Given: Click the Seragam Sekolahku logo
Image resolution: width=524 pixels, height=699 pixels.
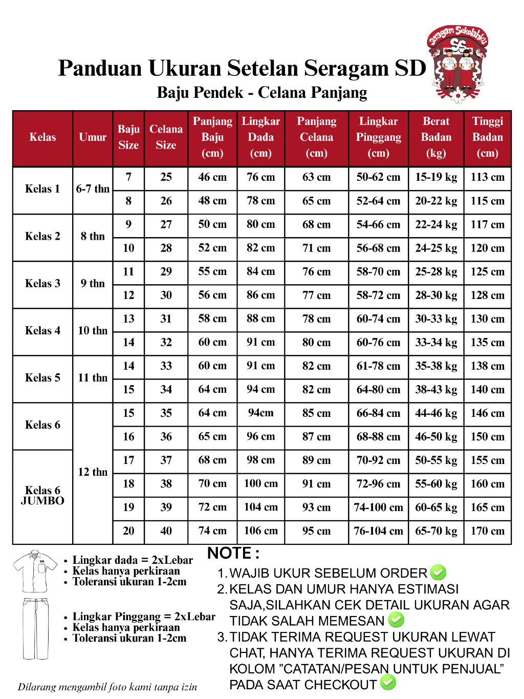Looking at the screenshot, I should (457, 63).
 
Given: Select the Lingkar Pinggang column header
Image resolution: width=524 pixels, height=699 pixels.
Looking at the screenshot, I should (378, 137).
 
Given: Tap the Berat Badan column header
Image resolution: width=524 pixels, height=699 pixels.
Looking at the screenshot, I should (436, 137).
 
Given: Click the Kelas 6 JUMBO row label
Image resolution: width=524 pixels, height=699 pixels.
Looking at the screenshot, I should (42, 496).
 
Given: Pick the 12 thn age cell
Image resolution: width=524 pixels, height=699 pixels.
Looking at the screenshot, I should (93, 472).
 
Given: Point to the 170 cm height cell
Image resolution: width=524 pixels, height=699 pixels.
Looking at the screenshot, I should (487, 531).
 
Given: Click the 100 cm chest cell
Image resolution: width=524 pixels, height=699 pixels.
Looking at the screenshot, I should (260, 484).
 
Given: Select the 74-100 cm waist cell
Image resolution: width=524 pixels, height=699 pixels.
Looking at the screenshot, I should (378, 507).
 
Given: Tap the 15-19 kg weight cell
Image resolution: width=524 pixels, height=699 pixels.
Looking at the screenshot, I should (436, 177).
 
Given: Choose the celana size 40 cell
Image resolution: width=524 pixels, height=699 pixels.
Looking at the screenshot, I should (166, 531).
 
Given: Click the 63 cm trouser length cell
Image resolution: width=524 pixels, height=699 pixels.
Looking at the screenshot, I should (316, 177).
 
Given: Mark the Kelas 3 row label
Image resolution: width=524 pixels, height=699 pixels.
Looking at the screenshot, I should (42, 284).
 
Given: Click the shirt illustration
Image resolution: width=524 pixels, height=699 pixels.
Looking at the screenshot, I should (35, 571).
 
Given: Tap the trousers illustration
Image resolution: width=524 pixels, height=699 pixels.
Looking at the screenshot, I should (35, 628).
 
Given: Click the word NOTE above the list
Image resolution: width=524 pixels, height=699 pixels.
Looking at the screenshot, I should (233, 554).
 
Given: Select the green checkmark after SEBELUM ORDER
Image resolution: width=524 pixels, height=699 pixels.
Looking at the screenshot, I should (438, 573).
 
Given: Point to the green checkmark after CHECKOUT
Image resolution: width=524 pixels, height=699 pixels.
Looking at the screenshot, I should (388, 683).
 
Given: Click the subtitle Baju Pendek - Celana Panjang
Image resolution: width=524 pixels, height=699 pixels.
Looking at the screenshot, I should (262, 93).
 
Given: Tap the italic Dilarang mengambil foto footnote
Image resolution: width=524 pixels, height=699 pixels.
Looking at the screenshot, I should (107, 687).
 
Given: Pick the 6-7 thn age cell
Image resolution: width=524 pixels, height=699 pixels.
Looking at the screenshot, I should (93, 189).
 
